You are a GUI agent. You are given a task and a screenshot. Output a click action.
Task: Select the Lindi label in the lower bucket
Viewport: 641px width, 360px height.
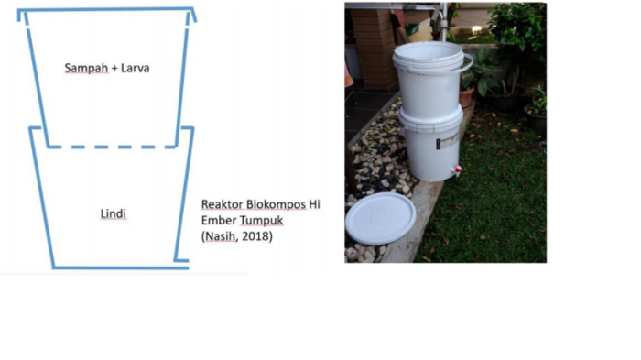tap(113, 214)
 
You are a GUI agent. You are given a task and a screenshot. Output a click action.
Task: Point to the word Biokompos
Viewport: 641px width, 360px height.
tap(275, 205)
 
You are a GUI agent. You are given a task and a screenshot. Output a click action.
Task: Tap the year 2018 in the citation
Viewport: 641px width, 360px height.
tap(255, 236)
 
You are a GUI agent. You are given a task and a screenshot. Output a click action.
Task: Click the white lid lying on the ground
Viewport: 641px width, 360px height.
tap(380, 218)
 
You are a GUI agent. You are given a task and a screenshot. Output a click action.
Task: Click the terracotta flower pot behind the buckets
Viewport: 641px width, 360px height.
tap(467, 97)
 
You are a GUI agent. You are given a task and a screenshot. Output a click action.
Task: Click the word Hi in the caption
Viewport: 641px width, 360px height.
tap(313, 205)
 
